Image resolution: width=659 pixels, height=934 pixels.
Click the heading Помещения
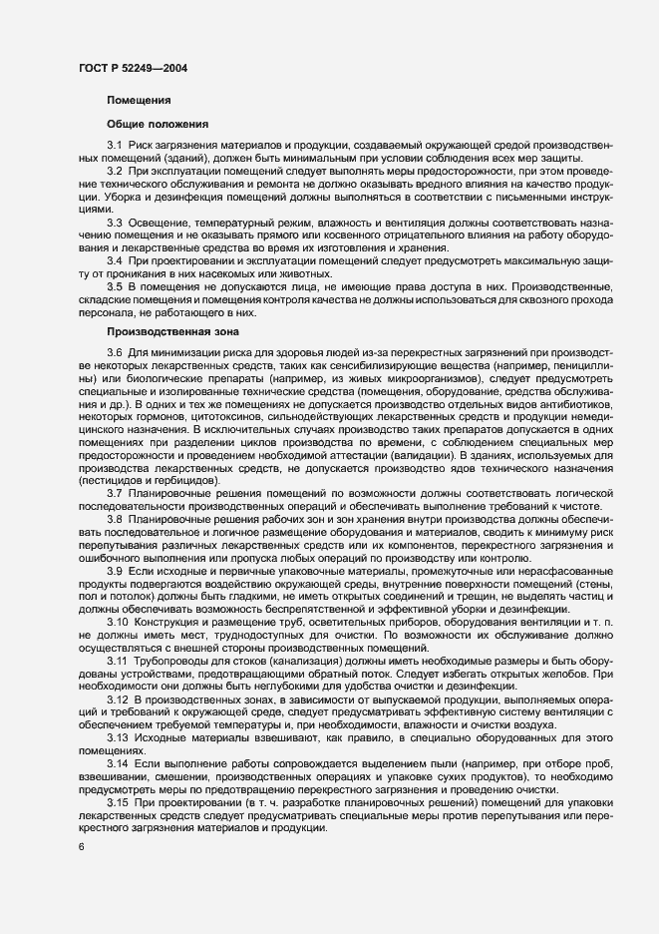coord(138,101)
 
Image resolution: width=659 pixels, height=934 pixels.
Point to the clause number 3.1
coord(115,148)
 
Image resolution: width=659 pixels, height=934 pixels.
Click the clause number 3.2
coord(115,173)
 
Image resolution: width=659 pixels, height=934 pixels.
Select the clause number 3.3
coord(115,222)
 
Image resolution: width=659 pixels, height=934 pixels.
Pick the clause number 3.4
coord(115,259)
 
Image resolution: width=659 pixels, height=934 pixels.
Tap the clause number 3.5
coord(115,285)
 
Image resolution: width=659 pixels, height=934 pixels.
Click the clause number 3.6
coord(115,352)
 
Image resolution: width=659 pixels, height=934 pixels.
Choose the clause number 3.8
coord(115,519)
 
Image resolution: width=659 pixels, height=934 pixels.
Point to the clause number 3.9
coord(115,570)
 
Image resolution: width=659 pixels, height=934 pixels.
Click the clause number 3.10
coord(118,621)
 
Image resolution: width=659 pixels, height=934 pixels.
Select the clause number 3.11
coord(118,659)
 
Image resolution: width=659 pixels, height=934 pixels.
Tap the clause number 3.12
coord(118,698)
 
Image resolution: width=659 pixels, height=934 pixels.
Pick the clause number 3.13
coord(118,735)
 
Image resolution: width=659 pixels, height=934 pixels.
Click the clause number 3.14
coord(118,761)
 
